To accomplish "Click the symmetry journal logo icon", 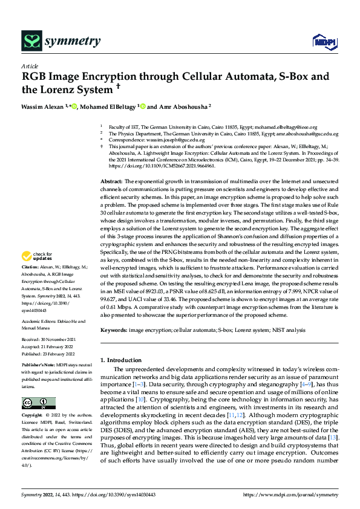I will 31,41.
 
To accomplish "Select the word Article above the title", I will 30,66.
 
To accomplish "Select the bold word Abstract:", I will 111,181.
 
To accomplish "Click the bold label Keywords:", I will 113,330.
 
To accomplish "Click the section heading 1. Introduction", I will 124,360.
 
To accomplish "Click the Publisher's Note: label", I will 39,366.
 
